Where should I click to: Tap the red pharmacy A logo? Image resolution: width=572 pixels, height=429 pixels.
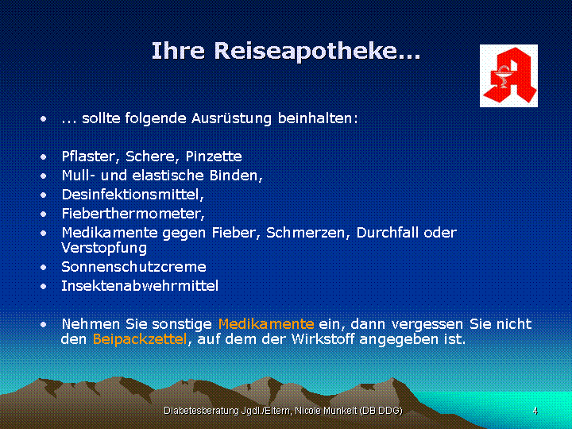(x=509, y=76)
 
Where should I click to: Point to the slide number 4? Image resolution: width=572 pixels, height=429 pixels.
(x=535, y=411)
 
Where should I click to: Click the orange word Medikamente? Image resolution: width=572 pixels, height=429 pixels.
(x=266, y=323)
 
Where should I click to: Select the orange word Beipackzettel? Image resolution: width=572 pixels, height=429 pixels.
(x=140, y=339)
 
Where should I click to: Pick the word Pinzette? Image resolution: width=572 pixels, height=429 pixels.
(x=214, y=157)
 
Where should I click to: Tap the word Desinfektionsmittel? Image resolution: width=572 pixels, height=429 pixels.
(x=131, y=195)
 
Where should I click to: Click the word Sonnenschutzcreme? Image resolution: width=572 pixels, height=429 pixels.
(x=133, y=267)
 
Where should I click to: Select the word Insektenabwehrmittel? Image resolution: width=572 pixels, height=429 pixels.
(x=140, y=286)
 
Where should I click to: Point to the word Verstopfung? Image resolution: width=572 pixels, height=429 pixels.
(x=104, y=249)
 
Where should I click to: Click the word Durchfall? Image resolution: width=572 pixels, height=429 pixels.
(x=387, y=232)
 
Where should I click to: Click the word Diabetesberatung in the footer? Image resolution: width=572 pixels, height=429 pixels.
(x=202, y=411)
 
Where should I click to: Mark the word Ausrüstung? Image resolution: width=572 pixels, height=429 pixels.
(x=231, y=118)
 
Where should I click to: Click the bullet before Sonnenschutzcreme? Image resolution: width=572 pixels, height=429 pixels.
(x=44, y=268)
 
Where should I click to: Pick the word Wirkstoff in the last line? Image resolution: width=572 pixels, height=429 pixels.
(x=323, y=339)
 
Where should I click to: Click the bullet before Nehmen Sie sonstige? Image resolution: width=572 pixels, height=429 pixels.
(x=44, y=324)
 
